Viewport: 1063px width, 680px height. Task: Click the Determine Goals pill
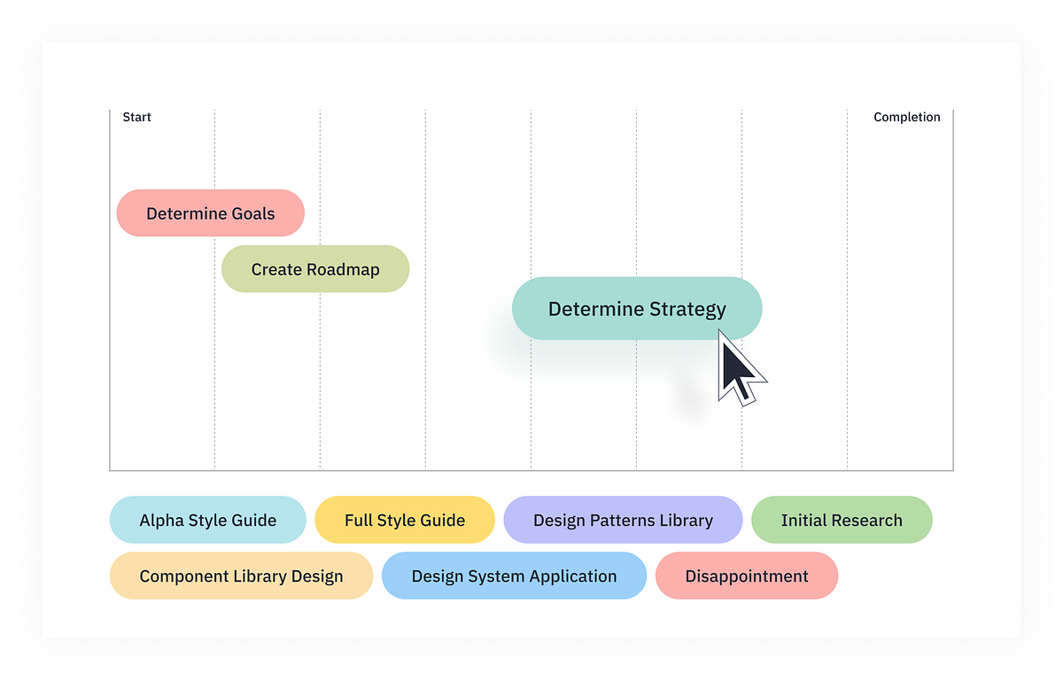[x=211, y=213]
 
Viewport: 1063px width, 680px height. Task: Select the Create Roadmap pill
[x=315, y=269]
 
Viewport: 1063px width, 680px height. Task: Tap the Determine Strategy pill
[x=637, y=309]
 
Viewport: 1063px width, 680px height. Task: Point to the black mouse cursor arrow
[x=737, y=370]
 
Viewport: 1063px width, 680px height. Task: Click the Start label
[x=136, y=117]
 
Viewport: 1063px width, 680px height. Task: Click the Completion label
[x=906, y=117]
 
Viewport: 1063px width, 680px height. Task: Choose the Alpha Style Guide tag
[x=207, y=521]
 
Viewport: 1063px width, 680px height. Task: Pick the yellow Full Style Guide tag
[x=405, y=521]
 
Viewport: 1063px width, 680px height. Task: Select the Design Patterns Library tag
[x=623, y=521]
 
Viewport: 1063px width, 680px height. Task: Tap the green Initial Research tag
[x=842, y=521]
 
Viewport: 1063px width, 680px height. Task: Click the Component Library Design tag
[x=241, y=576]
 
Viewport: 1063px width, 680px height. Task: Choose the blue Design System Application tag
[x=514, y=576]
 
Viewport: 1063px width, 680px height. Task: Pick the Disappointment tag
[x=746, y=576]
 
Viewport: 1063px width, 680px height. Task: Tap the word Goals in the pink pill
[x=252, y=213]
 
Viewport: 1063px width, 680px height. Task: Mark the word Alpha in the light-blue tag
[x=160, y=521]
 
